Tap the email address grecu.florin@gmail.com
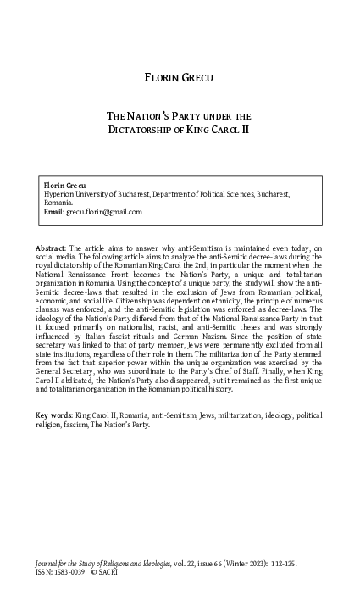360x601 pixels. point(103,212)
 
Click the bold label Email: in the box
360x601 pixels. point(53,212)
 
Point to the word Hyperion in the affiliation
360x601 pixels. point(60,193)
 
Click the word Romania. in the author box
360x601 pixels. point(57,203)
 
